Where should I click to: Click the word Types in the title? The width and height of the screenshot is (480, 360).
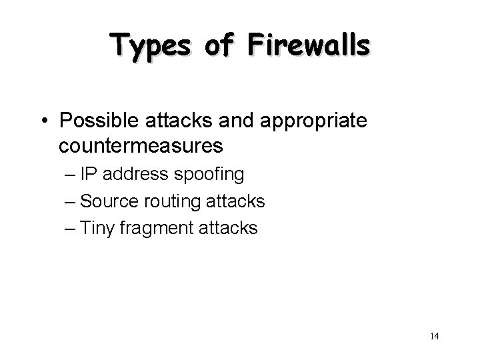147,47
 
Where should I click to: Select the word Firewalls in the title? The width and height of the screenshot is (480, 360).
309,47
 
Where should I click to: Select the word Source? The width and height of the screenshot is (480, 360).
108,201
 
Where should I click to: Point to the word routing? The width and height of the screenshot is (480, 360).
172,202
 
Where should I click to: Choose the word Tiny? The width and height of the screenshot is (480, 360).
97,228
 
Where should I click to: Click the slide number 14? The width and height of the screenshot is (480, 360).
434,337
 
